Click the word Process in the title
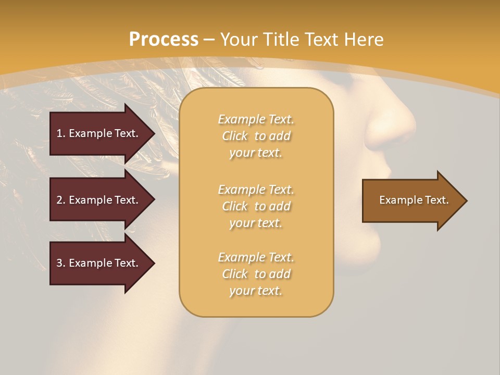(x=164, y=39)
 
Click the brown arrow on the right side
(x=411, y=201)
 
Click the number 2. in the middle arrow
(x=60, y=200)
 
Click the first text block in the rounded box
(x=256, y=136)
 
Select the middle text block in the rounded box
(x=256, y=206)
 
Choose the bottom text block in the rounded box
(x=256, y=274)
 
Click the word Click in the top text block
(x=234, y=136)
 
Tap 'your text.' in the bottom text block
(x=256, y=291)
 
